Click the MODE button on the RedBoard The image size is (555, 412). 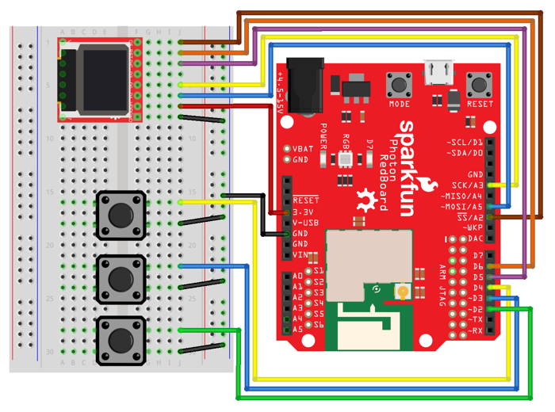click(399, 84)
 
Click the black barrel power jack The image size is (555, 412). click(301, 83)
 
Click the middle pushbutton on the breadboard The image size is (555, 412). click(121, 278)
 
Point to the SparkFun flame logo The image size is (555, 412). click(366, 198)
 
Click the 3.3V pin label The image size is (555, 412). click(305, 212)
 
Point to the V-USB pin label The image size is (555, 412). click(305, 223)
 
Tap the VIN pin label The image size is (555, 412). click(301, 255)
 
